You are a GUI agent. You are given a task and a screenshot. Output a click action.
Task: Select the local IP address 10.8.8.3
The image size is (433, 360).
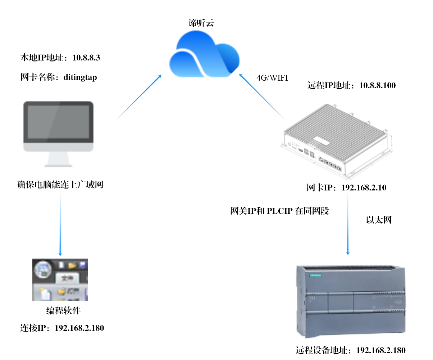86,58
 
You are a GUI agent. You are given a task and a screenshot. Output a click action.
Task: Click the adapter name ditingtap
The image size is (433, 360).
80,77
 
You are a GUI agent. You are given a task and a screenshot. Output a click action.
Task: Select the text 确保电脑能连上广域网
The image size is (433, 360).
60,185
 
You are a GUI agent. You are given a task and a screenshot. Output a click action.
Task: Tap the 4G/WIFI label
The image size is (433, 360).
272,78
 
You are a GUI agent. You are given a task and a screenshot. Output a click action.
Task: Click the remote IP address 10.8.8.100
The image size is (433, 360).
377,86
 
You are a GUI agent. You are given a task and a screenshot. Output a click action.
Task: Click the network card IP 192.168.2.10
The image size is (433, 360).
363,188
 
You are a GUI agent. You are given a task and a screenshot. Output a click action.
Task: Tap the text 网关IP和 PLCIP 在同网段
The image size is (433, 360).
279,211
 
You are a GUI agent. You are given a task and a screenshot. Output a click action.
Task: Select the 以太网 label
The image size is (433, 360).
378,220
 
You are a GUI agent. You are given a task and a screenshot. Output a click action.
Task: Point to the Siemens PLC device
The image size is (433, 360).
351,301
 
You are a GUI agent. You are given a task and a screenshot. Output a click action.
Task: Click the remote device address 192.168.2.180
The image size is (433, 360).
381,350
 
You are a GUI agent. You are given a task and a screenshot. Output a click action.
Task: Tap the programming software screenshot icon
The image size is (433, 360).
60,280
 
